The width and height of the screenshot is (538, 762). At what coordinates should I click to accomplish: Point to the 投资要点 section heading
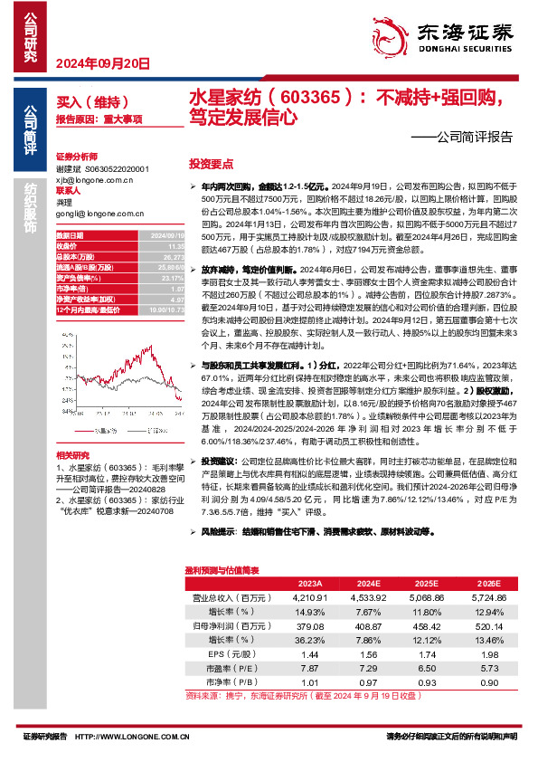(211, 165)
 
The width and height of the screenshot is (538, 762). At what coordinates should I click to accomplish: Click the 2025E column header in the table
(424, 583)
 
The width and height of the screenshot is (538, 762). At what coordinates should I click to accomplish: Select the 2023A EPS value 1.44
(310, 652)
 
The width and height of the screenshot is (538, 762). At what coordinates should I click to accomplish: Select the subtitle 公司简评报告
(467, 138)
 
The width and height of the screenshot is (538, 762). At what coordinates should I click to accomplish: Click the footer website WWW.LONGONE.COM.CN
(145, 738)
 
